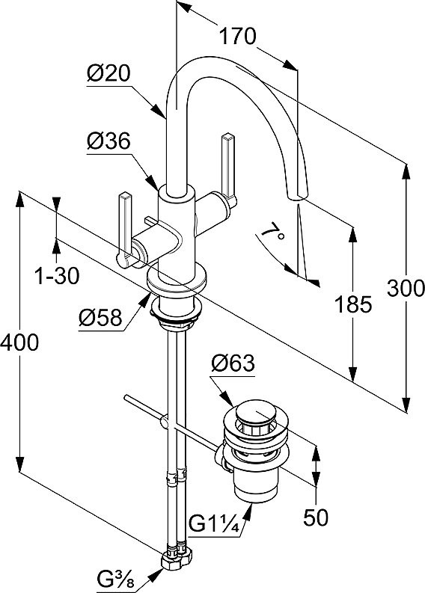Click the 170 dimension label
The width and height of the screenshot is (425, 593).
click(x=238, y=37)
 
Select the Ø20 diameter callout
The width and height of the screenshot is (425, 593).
click(x=108, y=73)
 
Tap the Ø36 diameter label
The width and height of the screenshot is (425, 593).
click(x=108, y=141)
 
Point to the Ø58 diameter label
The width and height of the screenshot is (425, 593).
click(x=101, y=318)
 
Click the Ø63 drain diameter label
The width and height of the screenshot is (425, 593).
click(x=233, y=363)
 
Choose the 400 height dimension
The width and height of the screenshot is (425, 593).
click(x=19, y=342)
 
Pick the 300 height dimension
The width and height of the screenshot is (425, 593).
click(x=406, y=289)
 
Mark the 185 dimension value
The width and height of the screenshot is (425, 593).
click(x=353, y=304)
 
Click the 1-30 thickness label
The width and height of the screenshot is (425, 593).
click(x=57, y=276)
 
